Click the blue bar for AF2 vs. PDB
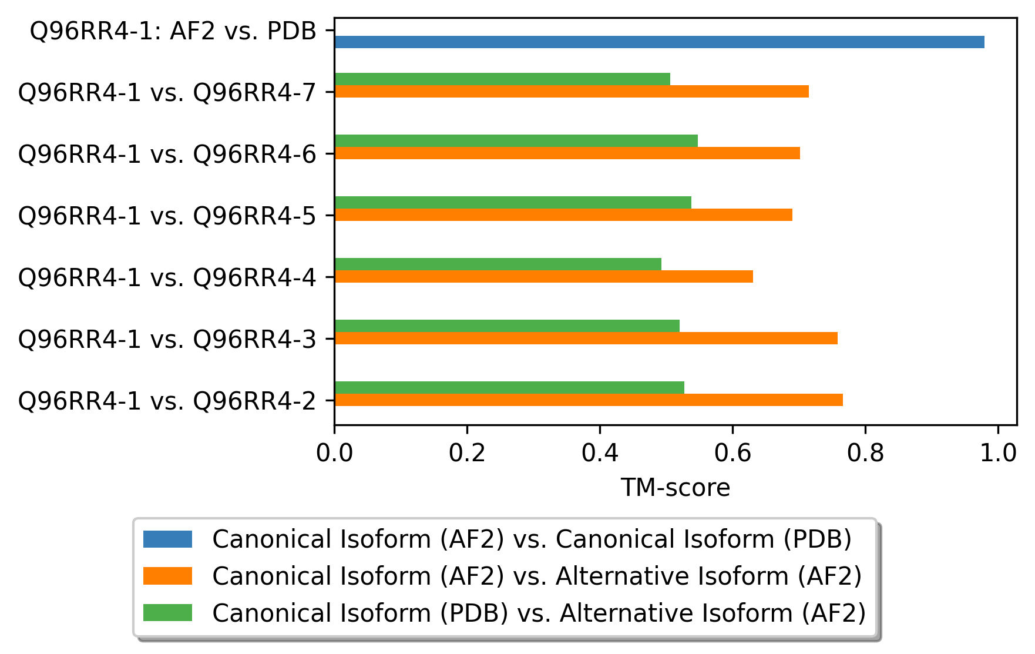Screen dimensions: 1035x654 (x=659, y=42)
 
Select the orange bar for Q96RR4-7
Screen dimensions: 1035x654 (x=572, y=91)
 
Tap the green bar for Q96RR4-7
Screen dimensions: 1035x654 (x=502, y=79)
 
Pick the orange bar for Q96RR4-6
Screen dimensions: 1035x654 (x=567, y=153)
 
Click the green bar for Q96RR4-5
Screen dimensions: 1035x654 (x=513, y=202)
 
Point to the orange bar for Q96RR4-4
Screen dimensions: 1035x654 (x=544, y=276)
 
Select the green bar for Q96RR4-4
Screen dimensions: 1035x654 (x=498, y=264)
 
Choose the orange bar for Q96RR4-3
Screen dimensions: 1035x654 (x=586, y=338)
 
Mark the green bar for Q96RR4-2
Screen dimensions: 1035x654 (x=509, y=387)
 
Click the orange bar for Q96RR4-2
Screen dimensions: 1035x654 (x=589, y=400)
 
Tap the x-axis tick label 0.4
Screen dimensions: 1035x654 (x=600, y=453)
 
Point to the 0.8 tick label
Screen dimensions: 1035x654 (x=865, y=453)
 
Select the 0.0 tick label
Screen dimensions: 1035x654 (x=334, y=453)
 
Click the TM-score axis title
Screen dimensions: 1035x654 (x=676, y=488)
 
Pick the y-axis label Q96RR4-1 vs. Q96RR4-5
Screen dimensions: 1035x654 (x=167, y=216)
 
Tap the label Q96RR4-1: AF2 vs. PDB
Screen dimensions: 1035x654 (x=173, y=31)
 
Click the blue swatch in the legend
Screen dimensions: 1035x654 (x=167, y=539)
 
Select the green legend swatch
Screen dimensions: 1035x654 (x=167, y=612)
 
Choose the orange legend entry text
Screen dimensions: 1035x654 (x=537, y=576)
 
